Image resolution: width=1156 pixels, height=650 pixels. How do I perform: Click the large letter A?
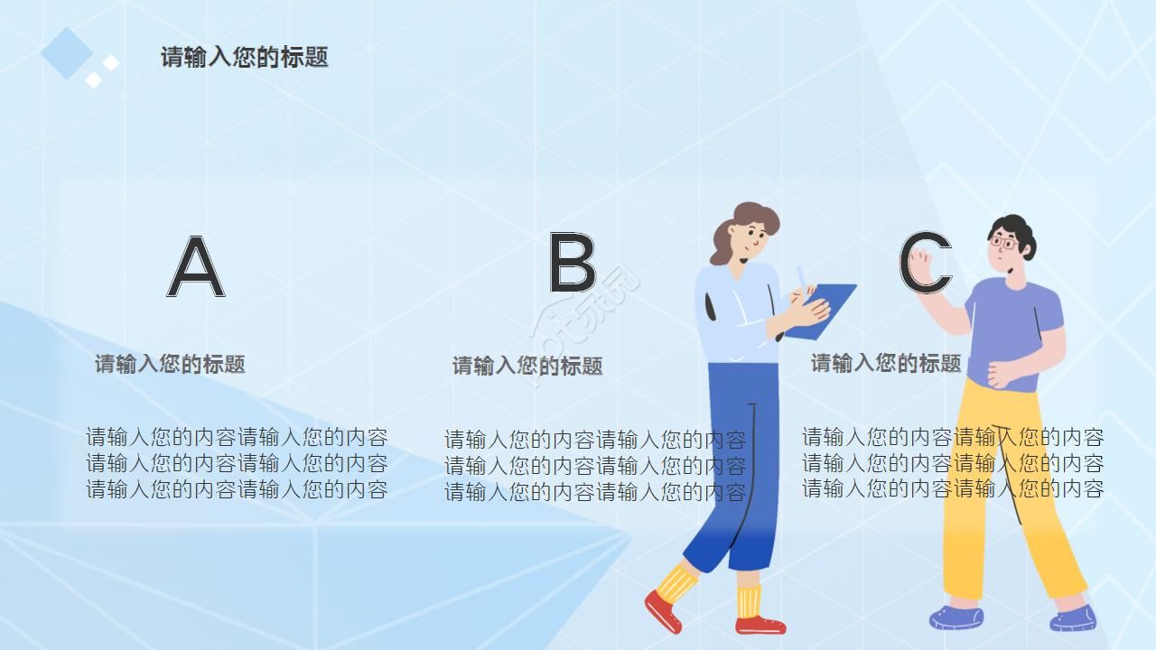coord(196,267)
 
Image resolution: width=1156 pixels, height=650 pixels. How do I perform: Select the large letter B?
coord(572,263)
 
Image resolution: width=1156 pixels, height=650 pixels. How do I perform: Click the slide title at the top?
coord(244,57)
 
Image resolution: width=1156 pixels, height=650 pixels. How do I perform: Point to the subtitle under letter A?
coord(170,364)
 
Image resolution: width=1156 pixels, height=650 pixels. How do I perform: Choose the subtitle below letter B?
coord(527,366)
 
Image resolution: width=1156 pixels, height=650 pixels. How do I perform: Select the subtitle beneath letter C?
coord(885,363)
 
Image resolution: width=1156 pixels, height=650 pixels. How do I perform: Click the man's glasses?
coord(1003,243)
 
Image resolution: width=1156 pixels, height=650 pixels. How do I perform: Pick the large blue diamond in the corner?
coord(66,52)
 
